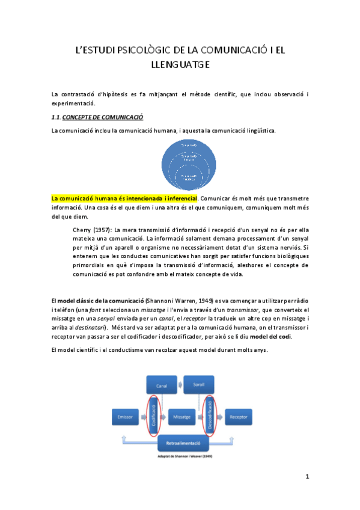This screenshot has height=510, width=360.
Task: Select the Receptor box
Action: point(239,416)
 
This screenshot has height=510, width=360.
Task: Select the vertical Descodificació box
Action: point(209,415)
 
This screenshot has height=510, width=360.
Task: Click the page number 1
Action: point(307,478)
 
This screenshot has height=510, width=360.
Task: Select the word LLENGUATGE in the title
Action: point(180,65)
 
